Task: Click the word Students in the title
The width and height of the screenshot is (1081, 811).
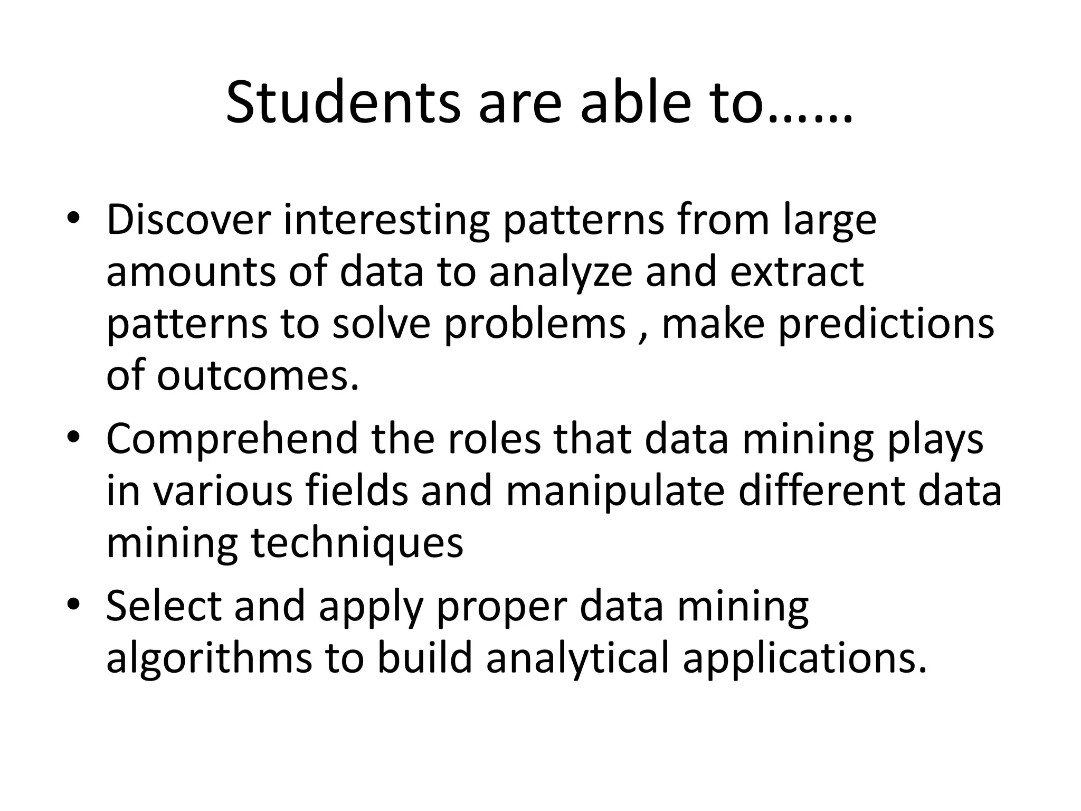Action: (x=343, y=102)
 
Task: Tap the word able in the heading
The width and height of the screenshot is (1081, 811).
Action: (x=635, y=102)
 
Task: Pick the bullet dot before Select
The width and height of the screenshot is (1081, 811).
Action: (x=73, y=604)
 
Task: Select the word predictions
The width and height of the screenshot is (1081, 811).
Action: (x=886, y=324)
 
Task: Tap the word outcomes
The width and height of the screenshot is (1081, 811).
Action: (x=257, y=376)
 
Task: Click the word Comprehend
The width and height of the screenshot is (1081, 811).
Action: (x=232, y=440)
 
